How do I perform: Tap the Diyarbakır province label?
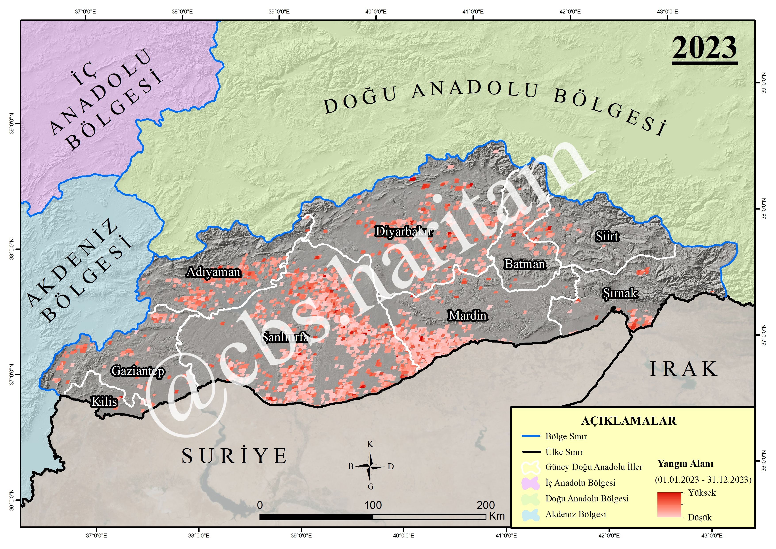tap(404, 232)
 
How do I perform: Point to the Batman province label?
tap(525, 264)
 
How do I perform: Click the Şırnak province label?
tap(620, 293)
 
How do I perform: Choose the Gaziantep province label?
tap(138, 371)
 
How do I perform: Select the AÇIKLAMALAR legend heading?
tap(629, 421)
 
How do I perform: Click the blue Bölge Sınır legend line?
tap(531, 436)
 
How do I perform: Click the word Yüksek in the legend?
tap(702, 493)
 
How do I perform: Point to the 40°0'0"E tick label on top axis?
tap(376, 12)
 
